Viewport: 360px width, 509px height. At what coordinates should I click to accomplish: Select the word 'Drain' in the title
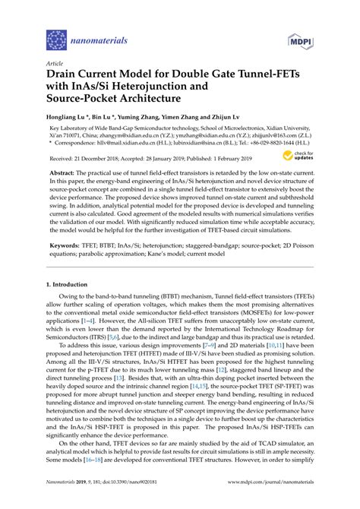(x=67, y=78)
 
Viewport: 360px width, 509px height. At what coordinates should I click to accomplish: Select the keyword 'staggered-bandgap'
(x=232, y=247)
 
